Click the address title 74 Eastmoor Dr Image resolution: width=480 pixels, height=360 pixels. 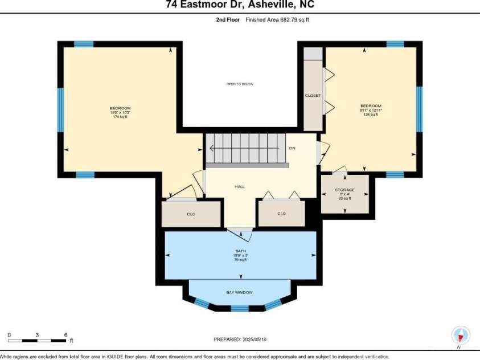(x=240, y=5)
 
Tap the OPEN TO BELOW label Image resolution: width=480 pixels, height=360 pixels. (x=240, y=84)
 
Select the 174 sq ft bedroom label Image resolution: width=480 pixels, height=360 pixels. (x=120, y=112)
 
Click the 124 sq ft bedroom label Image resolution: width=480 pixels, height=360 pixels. (x=370, y=110)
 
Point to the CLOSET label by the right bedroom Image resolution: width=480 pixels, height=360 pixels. (x=313, y=95)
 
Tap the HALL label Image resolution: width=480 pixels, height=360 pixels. (x=239, y=186)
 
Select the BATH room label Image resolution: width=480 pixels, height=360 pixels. (x=240, y=255)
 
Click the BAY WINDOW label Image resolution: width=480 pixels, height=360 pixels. (x=240, y=292)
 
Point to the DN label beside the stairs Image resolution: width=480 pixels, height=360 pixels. (x=292, y=148)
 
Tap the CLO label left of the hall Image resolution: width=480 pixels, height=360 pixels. (x=191, y=214)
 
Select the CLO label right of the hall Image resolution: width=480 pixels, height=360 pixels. (x=281, y=214)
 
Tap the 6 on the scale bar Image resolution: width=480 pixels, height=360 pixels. (x=66, y=334)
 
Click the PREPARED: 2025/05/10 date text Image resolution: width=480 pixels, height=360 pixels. (x=240, y=339)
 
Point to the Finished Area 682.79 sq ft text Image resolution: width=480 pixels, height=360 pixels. (x=277, y=19)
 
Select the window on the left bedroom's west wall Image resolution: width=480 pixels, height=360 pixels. (x=60, y=109)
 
